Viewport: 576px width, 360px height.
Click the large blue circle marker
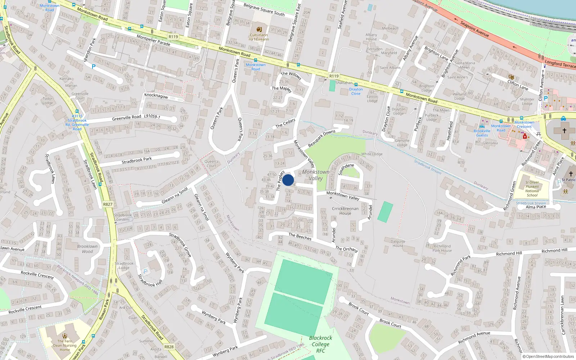(x=288, y=180)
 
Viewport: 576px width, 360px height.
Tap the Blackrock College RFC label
(x=320, y=344)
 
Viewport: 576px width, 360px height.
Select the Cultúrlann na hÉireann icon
(x=259, y=29)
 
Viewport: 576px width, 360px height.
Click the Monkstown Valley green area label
(x=316, y=175)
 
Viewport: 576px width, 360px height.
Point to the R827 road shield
(x=108, y=204)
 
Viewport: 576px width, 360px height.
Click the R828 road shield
(x=169, y=347)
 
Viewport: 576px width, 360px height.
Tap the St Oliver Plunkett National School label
(x=532, y=189)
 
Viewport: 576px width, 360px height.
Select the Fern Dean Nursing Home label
(x=65, y=345)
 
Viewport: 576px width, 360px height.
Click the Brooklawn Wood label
(x=87, y=249)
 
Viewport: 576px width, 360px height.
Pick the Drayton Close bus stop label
(x=356, y=91)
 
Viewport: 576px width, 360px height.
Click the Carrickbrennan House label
(x=345, y=211)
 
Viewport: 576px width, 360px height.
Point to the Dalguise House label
(x=398, y=243)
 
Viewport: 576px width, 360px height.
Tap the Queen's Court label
(x=211, y=163)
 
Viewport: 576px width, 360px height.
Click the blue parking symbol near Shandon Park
(x=94, y=67)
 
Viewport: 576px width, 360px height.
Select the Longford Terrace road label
(x=560, y=64)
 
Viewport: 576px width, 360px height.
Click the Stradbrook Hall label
(x=150, y=280)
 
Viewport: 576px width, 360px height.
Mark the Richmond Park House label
(x=442, y=248)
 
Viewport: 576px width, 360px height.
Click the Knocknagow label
(x=156, y=96)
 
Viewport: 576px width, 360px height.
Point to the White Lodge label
(x=372, y=154)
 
